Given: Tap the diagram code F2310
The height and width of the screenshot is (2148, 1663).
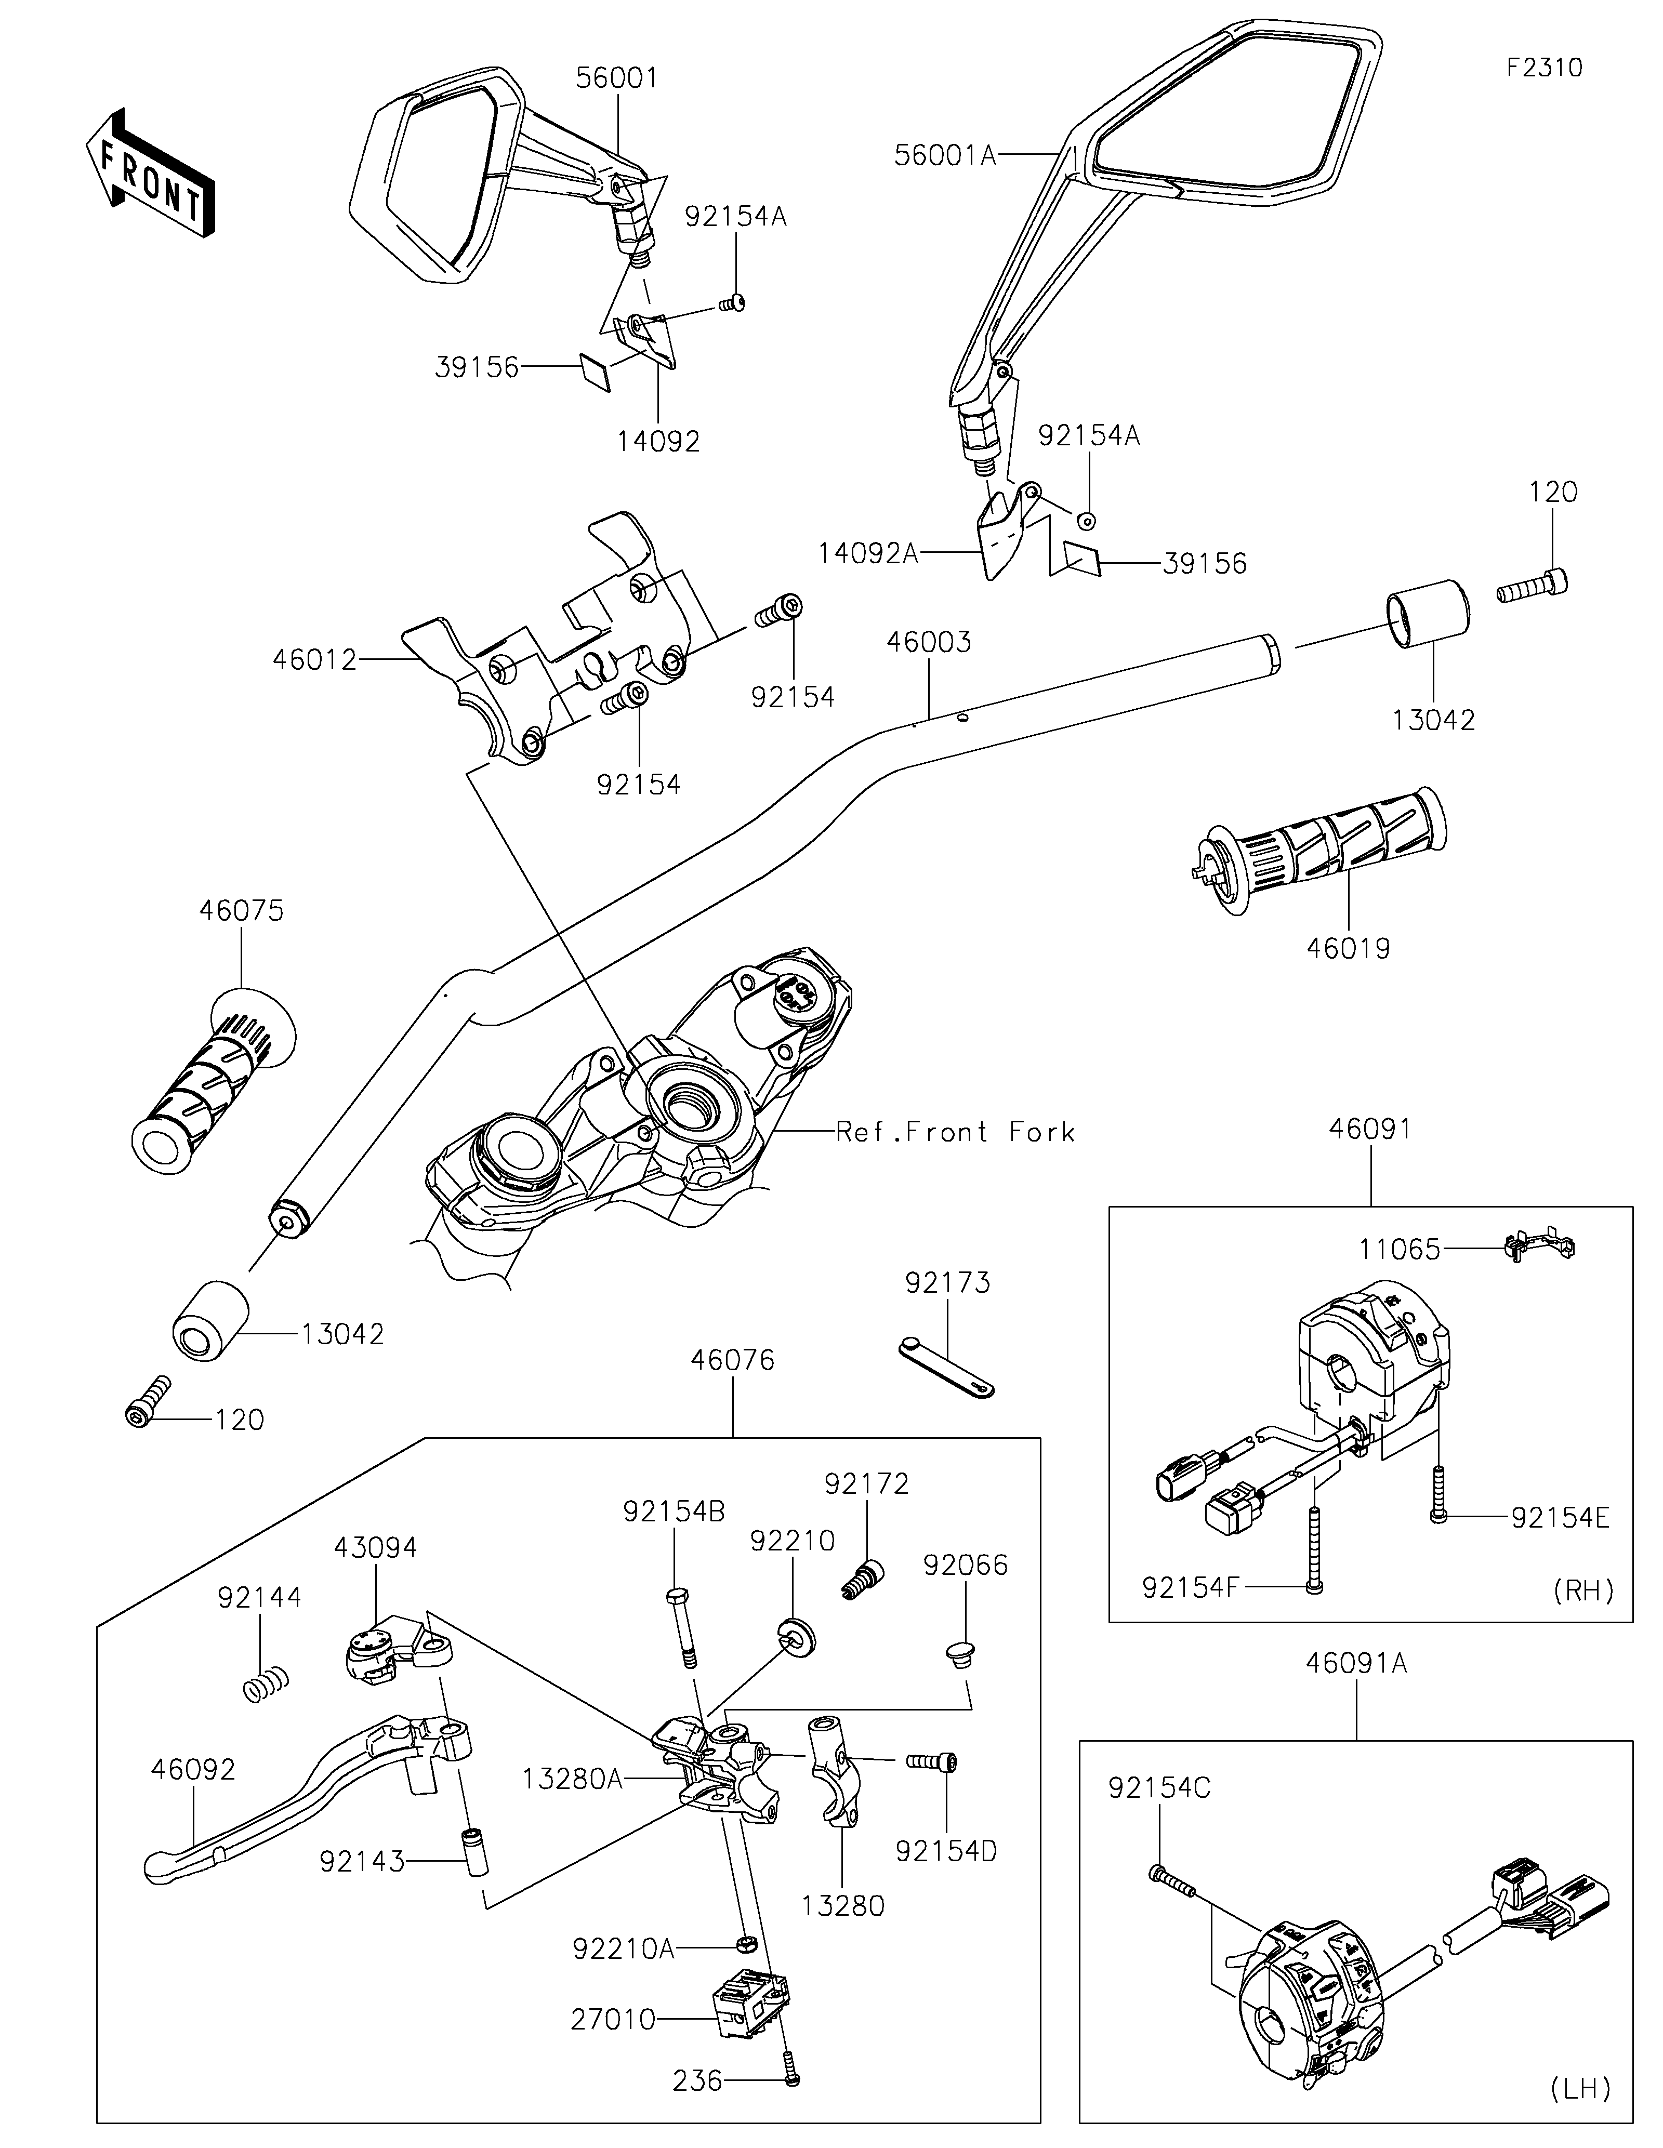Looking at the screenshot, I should coord(1544,68).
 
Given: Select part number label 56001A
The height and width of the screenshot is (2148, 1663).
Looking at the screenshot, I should coord(945,154).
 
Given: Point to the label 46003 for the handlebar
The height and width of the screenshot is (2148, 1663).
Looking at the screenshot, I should coord(928,642).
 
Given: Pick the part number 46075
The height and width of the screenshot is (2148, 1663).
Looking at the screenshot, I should coord(241,911).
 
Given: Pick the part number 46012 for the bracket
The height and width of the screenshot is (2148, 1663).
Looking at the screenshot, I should coord(315,660).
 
